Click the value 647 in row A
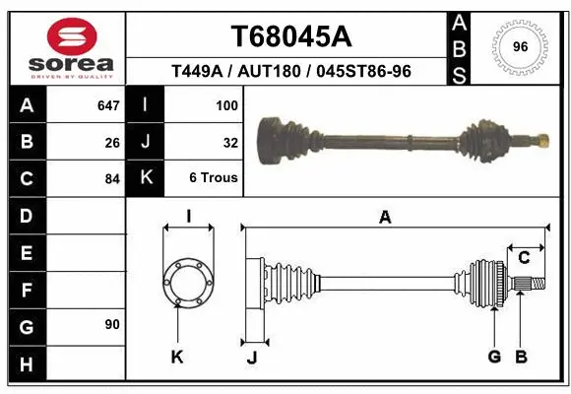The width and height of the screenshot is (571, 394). pyautogui.click(x=108, y=104)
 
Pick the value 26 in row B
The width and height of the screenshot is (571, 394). pyautogui.click(x=112, y=142)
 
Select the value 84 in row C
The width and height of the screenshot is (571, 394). pyautogui.click(x=112, y=179)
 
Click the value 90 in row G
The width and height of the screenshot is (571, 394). pyautogui.click(x=112, y=324)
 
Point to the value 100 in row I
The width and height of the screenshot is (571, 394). pyautogui.click(x=226, y=104)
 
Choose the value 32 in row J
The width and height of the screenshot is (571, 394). pyautogui.click(x=230, y=142)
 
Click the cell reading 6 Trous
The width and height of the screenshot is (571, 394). pyautogui.click(x=214, y=179)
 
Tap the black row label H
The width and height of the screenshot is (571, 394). pyautogui.click(x=27, y=365)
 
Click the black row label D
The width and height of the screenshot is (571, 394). pyautogui.click(x=27, y=216)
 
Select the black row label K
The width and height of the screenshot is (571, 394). pyautogui.click(x=146, y=179)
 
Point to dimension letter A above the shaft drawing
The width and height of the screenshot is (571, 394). pyautogui.click(x=385, y=218)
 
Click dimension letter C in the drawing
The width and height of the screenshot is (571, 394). pyautogui.click(x=524, y=258)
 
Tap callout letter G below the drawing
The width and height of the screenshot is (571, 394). pyautogui.click(x=494, y=357)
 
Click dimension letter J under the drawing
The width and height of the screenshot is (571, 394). pyautogui.click(x=252, y=358)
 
